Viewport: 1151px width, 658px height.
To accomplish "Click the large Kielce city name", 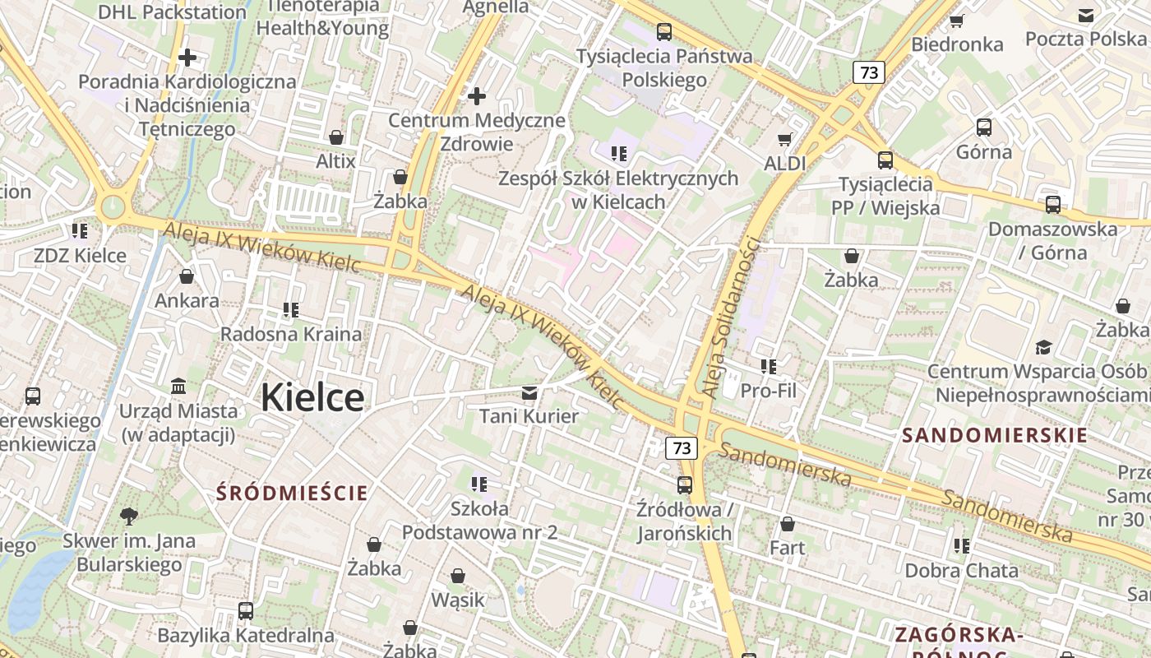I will pyautogui.click(x=312, y=398).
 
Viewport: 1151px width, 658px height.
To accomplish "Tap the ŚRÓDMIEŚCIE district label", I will pyautogui.click(x=292, y=493).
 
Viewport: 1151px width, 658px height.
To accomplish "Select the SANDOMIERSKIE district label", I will pyautogui.click(x=995, y=435).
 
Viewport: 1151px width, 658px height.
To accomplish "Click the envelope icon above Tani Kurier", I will pyautogui.click(x=529, y=392).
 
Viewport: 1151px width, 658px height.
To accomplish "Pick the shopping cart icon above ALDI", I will pyautogui.click(x=785, y=139).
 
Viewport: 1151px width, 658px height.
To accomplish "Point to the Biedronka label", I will pyautogui.click(x=958, y=44).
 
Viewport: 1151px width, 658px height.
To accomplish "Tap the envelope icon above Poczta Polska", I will pyautogui.click(x=1086, y=15).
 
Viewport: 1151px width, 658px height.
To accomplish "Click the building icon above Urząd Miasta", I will pyautogui.click(x=178, y=386).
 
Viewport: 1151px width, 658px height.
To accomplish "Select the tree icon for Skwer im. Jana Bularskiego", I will pyautogui.click(x=128, y=517).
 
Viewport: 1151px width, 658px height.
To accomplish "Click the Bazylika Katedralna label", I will pyautogui.click(x=246, y=635).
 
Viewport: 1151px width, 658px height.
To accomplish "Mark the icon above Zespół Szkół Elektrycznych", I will pyautogui.click(x=619, y=153).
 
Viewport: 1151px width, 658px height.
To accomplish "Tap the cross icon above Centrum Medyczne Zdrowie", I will pyautogui.click(x=477, y=96).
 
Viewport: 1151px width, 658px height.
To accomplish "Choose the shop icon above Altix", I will pyautogui.click(x=335, y=137).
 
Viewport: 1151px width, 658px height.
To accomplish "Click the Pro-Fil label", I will pyautogui.click(x=769, y=391).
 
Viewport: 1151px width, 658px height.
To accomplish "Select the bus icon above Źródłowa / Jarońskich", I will pyautogui.click(x=684, y=485).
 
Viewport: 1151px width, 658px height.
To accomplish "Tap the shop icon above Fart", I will pyautogui.click(x=787, y=523).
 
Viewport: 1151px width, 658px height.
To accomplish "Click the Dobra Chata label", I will pyautogui.click(x=961, y=570).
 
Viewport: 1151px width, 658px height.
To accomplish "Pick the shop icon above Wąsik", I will pyautogui.click(x=458, y=576).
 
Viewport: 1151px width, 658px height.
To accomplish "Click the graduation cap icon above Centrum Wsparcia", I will pyautogui.click(x=1043, y=347).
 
